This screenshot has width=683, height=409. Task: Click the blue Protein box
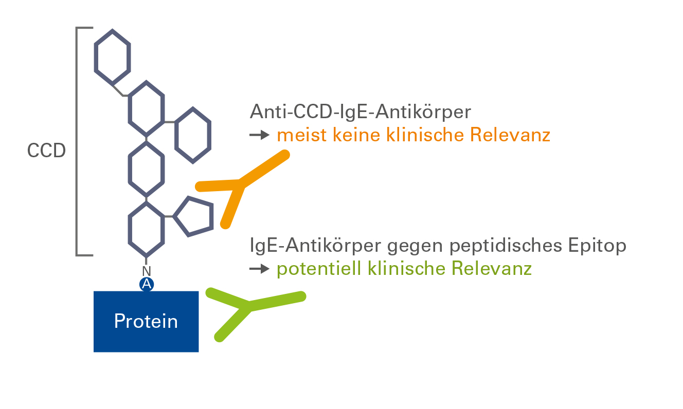tap(146, 322)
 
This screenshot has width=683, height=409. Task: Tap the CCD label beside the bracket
tap(46, 151)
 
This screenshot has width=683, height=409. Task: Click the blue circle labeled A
tap(147, 285)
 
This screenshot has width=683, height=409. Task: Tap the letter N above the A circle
tap(147, 271)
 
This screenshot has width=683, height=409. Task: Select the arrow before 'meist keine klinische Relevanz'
tap(260, 135)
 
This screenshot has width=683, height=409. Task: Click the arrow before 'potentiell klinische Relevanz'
tap(260, 269)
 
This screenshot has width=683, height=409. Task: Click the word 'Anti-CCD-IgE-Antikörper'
tap(361, 112)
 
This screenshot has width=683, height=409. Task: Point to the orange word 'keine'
tap(356, 135)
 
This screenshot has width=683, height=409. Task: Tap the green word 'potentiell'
tap(319, 268)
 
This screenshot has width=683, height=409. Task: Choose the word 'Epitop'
tap(597, 246)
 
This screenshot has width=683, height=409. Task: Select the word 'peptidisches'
tap(506, 246)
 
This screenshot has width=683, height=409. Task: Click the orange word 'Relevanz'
tap(510, 135)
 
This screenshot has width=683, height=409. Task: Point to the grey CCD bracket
tap(77, 141)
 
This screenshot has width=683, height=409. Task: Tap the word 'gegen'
tap(415, 246)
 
